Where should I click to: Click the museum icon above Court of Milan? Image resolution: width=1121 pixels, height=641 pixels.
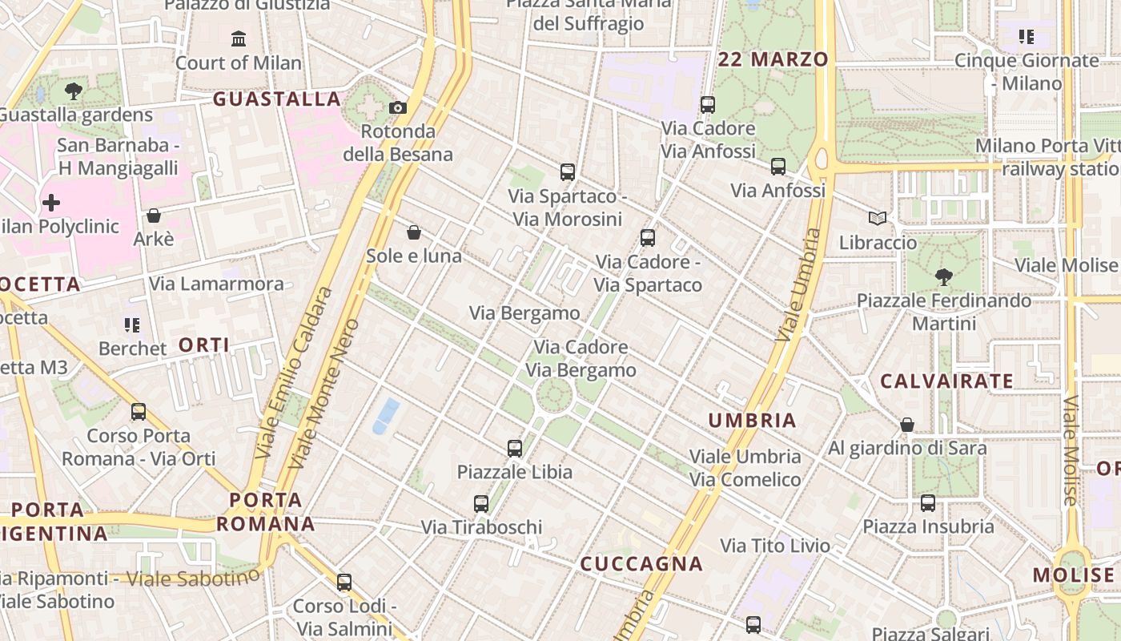(238, 38)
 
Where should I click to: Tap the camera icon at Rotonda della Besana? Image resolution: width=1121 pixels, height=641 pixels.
(397, 107)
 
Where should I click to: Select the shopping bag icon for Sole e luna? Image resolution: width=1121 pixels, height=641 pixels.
(414, 232)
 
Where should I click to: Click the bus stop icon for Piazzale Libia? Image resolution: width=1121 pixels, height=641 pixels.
(515, 449)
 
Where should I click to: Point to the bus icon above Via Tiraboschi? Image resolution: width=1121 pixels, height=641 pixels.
(481, 504)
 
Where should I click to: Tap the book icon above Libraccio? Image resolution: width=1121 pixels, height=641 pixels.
(878, 218)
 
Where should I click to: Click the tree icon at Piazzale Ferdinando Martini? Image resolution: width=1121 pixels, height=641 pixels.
(944, 277)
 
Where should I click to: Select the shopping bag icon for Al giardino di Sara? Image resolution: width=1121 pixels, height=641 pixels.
(907, 425)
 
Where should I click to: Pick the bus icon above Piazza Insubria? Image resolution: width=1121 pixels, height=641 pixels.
(928, 503)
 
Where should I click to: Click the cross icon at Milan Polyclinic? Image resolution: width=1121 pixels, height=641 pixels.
(51, 203)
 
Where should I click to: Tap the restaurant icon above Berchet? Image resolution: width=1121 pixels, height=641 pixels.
(132, 325)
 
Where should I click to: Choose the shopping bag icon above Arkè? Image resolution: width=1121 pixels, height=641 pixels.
(154, 216)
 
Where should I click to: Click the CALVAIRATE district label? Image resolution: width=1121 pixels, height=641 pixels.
(947, 381)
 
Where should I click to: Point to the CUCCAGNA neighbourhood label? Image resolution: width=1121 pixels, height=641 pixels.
(641, 564)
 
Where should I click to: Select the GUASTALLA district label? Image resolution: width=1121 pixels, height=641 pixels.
(277, 99)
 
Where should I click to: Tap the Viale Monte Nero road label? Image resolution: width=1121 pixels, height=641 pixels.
(323, 394)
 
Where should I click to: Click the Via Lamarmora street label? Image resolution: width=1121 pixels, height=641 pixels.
(216, 284)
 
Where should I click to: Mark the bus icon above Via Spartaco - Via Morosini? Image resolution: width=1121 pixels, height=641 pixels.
(568, 171)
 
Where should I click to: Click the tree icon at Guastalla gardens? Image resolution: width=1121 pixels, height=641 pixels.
(74, 91)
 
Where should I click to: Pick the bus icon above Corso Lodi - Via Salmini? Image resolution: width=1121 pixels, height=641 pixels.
(344, 583)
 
